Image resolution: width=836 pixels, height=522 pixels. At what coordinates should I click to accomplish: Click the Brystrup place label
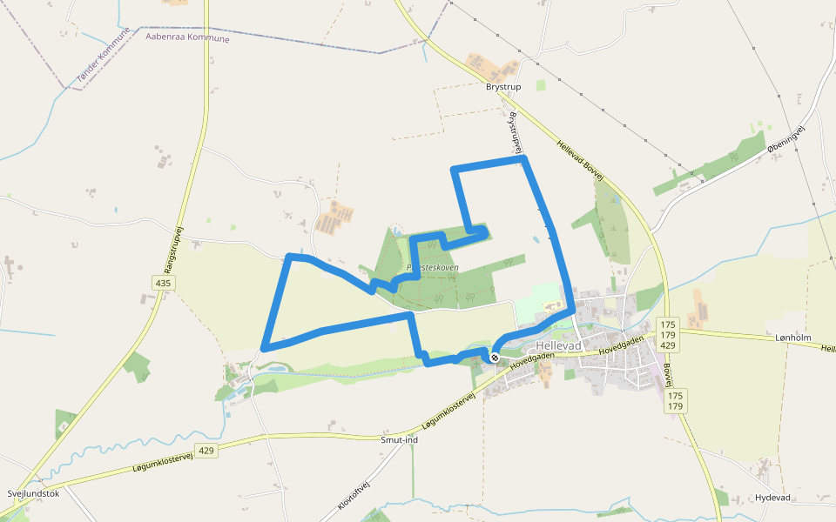coord(502,87)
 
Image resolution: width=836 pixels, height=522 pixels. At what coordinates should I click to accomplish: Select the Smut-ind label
coord(400,440)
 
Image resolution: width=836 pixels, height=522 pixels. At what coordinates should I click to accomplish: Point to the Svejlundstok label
coord(33,493)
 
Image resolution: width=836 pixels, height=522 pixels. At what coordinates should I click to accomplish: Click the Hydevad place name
coord(772,497)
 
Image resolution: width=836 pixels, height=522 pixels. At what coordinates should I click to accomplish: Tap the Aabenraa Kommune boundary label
coord(188,38)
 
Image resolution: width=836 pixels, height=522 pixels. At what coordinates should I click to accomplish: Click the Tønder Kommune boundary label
coord(103,55)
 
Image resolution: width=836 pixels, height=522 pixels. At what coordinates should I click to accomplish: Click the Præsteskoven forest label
coord(433,267)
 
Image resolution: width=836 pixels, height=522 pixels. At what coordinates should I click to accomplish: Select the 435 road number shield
coord(163,283)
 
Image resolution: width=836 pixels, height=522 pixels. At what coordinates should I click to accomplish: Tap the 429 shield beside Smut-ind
coord(206,450)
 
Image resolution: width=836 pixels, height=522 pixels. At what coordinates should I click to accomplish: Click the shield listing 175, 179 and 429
coord(669,334)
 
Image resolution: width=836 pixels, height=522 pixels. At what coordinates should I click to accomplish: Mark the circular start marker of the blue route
coord(494,358)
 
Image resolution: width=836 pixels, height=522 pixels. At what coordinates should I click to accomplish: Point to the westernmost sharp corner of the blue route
coord(263,348)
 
